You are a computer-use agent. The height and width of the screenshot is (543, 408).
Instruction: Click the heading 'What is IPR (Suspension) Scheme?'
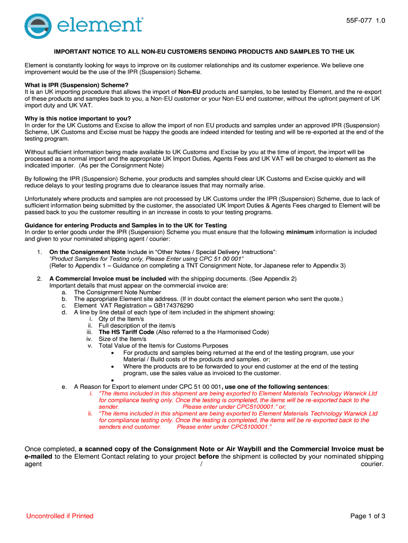click(77, 85)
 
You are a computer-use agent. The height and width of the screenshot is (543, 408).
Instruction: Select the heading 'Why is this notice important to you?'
click(78, 118)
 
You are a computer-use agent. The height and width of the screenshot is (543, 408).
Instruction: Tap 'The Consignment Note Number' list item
click(117, 292)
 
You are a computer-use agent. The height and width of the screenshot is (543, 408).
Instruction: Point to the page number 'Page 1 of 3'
click(368, 516)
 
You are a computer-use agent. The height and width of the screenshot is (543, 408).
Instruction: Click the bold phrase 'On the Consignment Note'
click(87, 252)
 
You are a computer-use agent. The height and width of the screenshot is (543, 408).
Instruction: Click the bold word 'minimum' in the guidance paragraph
click(299, 232)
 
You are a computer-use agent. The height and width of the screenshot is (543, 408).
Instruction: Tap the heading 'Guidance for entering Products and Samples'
click(126, 225)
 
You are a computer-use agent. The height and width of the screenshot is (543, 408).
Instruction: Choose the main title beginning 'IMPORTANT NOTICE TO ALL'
click(204, 52)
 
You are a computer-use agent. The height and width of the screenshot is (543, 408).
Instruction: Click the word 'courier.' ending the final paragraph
click(372, 464)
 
